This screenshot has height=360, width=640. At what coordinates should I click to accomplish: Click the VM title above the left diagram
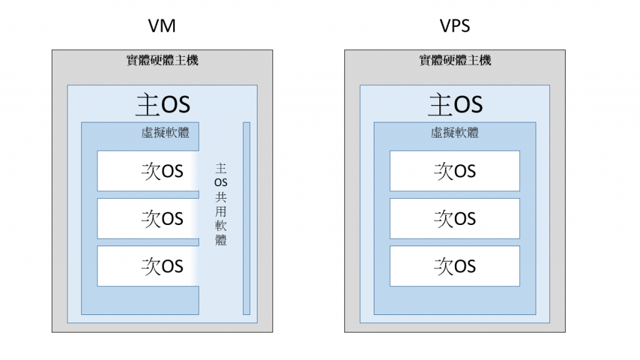162,26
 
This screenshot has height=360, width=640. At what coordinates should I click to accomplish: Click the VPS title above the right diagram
455,26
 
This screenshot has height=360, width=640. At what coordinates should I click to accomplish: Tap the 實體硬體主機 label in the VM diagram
162,61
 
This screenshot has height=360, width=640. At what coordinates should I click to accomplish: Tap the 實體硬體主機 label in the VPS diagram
455,61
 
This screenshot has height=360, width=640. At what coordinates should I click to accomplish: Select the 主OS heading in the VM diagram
162,104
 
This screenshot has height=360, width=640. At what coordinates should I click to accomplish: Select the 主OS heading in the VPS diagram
455,104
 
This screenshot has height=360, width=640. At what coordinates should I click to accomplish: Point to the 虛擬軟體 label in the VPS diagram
455,132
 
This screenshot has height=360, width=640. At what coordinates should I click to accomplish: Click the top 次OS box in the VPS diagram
455,171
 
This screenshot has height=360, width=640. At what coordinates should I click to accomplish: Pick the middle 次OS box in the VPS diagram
455,218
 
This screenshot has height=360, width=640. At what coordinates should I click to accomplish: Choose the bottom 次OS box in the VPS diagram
455,266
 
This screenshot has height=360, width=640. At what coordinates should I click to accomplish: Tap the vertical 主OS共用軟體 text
221,204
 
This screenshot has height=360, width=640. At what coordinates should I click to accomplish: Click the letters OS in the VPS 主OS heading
468,105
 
